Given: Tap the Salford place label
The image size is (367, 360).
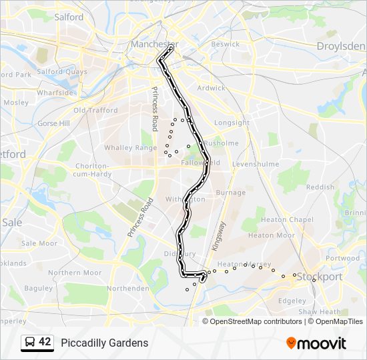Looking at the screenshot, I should click(69, 17).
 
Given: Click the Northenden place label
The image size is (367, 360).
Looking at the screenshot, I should click(128, 289).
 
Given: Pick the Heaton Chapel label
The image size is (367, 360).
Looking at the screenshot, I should click(288, 220).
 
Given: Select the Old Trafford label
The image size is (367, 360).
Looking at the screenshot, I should click(95, 111).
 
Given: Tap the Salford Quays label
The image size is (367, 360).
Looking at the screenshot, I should click(62, 72).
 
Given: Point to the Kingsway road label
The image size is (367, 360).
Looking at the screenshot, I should click(219, 236).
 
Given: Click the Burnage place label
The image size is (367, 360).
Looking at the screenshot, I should click(231, 193).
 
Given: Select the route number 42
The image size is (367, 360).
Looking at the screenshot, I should click(45, 342).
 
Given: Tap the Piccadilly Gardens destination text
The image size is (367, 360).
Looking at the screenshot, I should click(105, 343).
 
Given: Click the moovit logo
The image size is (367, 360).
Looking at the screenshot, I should click(316, 343).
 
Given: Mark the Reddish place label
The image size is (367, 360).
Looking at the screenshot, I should click(320, 187).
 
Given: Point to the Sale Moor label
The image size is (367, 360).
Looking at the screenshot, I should click(39, 243).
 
